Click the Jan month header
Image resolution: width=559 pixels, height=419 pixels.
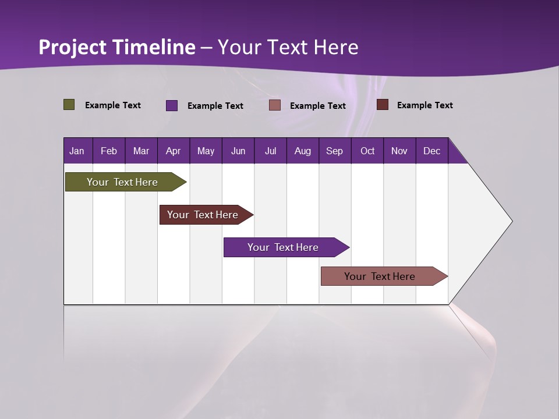(x=77, y=151)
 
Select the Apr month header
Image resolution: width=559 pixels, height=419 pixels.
(x=174, y=151)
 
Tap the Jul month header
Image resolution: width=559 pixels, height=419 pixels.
(x=270, y=151)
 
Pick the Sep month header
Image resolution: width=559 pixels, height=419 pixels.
(x=334, y=151)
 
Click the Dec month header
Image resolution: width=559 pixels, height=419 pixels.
(x=431, y=151)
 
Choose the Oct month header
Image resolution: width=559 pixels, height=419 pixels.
(x=367, y=151)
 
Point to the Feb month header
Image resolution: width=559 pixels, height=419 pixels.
(x=109, y=151)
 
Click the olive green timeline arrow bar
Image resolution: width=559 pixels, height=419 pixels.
(x=122, y=182)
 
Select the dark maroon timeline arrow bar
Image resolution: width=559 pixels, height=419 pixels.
(x=203, y=215)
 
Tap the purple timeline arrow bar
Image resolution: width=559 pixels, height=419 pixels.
(x=283, y=247)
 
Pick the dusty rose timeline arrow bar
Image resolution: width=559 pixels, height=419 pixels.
(x=380, y=276)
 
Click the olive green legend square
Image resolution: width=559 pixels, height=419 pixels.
(x=69, y=105)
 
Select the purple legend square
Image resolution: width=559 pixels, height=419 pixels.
(x=172, y=105)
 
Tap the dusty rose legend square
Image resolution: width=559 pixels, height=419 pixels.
(x=275, y=105)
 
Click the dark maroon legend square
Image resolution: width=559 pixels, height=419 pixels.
(x=382, y=104)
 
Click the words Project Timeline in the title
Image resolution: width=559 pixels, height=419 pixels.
(x=116, y=47)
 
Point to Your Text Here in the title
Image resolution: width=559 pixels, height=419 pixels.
(x=288, y=47)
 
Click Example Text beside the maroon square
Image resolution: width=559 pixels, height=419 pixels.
(x=424, y=105)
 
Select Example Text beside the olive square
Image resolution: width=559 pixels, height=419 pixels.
(x=112, y=105)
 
